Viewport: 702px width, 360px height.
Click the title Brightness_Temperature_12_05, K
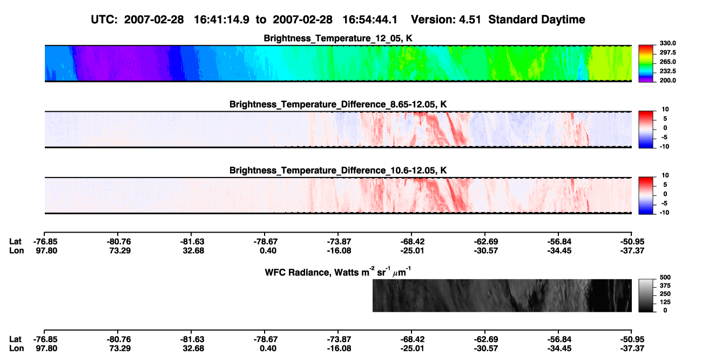tap(338, 38)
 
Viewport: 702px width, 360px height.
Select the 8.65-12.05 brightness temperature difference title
tap(338, 104)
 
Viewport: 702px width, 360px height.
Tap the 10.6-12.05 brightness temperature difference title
tap(338, 171)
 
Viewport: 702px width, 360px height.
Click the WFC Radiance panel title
tap(338, 271)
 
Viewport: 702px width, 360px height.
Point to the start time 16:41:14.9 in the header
tap(221, 19)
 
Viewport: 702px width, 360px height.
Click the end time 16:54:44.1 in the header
tap(370, 19)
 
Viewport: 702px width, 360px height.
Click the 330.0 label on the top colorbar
tap(667, 43)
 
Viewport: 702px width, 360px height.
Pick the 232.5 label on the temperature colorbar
tap(667, 71)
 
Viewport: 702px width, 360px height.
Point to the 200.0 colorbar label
tap(667, 80)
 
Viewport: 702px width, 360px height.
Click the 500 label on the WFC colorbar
tap(665, 277)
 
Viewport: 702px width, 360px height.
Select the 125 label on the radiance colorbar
tap(665, 302)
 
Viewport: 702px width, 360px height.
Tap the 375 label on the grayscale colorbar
tap(665, 286)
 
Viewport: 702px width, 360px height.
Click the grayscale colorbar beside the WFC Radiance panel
tap(646, 295)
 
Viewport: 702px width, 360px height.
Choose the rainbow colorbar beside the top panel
tap(646, 64)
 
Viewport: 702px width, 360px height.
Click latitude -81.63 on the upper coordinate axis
tap(192, 242)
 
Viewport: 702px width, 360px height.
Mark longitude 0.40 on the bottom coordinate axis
tap(268, 349)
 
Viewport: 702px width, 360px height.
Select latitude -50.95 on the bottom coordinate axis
tap(632, 339)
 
